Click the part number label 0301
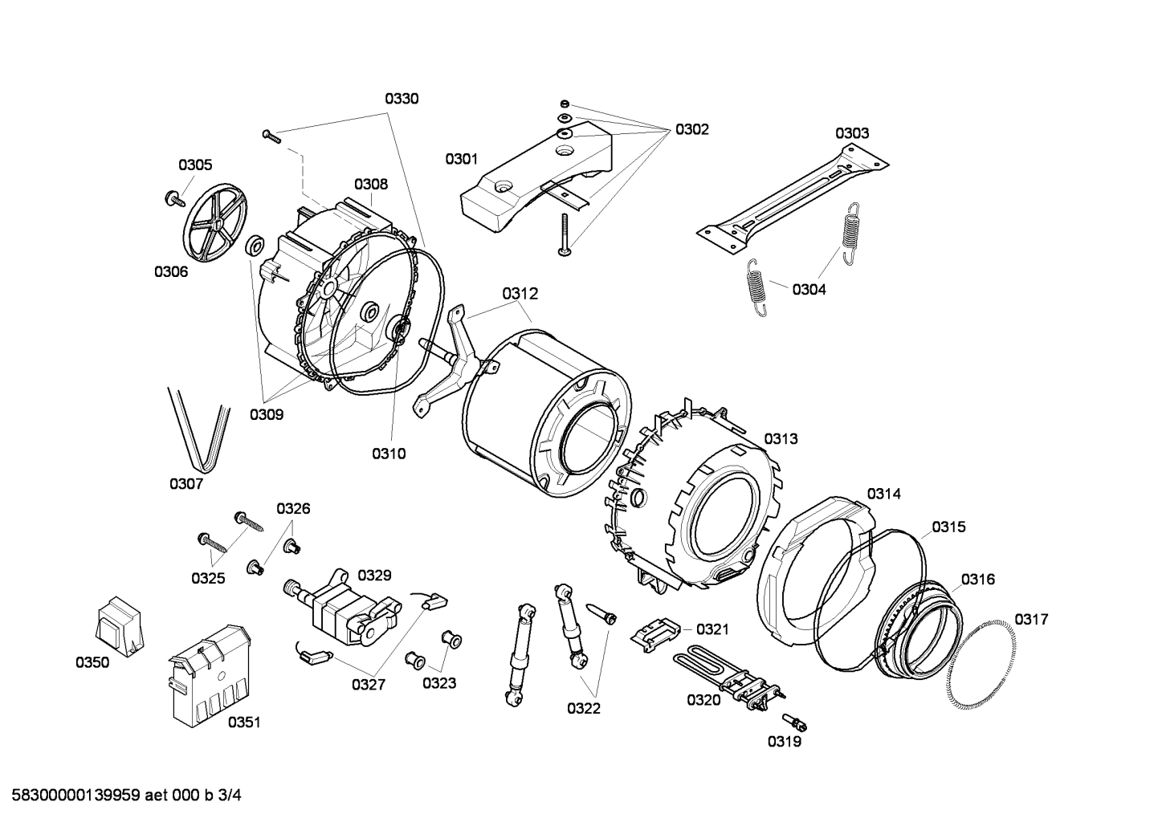(x=462, y=159)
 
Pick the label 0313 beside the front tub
(x=781, y=438)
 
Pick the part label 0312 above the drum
(x=520, y=295)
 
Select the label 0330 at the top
(x=402, y=99)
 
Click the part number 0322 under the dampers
(x=584, y=708)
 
